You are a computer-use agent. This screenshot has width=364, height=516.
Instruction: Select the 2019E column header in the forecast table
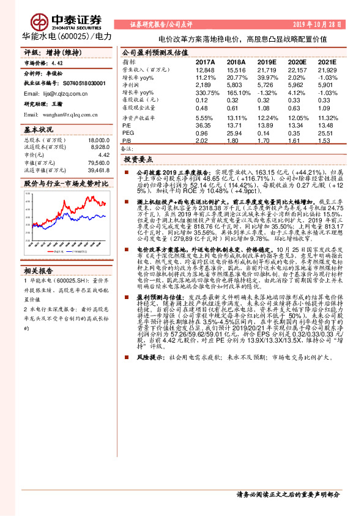pyautogui.click(x=267, y=63)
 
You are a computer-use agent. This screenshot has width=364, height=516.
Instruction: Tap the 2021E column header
pyautogui.click(x=328, y=63)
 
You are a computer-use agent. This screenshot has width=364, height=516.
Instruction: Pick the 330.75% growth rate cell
pyautogui.click(x=206, y=93)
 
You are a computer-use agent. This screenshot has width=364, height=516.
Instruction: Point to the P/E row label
pyautogui.click(x=127, y=125)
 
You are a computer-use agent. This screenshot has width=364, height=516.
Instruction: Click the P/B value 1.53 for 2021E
pyautogui.click(x=324, y=140)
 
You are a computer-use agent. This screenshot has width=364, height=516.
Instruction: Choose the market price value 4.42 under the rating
pyautogui.click(x=56, y=63)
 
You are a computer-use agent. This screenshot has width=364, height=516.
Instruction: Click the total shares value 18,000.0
pyautogui.click(x=97, y=140)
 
